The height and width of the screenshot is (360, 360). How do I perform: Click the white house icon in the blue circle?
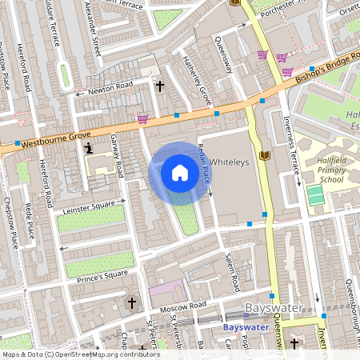coord(180,173)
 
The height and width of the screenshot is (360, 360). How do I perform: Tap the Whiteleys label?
coord(230,160)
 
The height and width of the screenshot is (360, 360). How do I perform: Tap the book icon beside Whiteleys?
coord(265,155)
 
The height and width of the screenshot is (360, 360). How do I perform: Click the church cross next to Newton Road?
coord(159,85)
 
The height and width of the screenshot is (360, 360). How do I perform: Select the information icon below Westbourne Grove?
coord(89,147)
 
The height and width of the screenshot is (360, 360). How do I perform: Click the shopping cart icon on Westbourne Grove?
coord(142,119)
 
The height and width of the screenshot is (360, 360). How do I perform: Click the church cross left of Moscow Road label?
coord(133,303)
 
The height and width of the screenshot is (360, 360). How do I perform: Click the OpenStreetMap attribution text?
coord(81,354)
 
